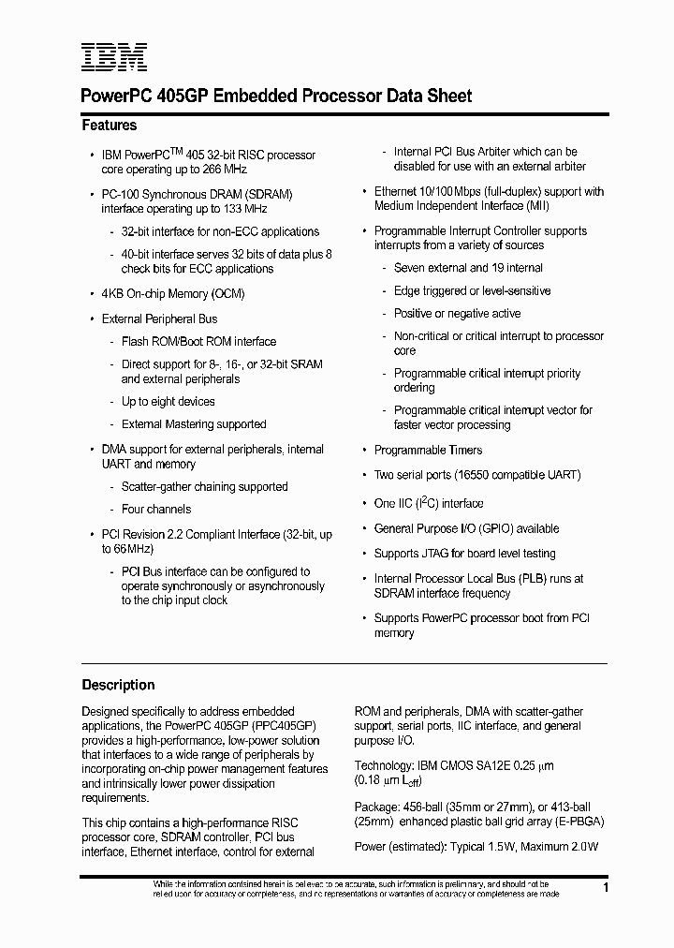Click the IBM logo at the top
tap(113, 58)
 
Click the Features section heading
tap(110, 126)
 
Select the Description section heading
tap(118, 685)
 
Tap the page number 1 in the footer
tap(607, 887)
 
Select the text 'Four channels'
tap(156, 510)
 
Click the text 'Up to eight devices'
tap(168, 402)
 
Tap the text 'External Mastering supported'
tap(194, 424)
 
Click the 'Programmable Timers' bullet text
tap(429, 451)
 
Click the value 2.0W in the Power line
tap(584, 847)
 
